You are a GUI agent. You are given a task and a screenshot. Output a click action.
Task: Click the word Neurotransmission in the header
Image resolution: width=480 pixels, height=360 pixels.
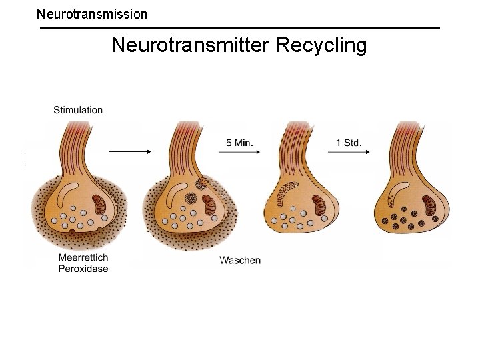tap(92, 13)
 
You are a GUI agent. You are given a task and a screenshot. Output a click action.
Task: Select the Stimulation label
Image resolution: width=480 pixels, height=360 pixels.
tap(78, 110)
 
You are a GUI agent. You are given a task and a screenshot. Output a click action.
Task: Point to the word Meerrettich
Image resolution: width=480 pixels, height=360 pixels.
tap(83, 259)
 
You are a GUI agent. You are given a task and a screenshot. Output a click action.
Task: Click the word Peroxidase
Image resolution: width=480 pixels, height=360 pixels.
tap(83, 269)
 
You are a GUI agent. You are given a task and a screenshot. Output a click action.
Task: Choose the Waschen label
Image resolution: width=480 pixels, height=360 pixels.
tap(240, 260)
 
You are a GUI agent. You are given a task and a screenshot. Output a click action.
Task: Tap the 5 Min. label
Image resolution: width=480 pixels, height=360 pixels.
tap(239, 142)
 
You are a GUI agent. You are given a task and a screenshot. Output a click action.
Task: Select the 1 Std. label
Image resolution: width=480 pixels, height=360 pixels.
tap(348, 142)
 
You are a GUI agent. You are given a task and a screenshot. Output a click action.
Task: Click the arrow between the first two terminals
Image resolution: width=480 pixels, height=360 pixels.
tap(130, 152)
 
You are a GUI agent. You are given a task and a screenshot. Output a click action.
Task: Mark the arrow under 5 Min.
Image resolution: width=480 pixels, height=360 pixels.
tap(239, 152)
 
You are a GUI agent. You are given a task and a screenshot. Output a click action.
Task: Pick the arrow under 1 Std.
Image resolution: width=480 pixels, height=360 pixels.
tap(348, 152)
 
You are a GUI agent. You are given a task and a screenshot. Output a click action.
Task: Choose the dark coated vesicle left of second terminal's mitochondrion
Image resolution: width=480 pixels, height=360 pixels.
tap(191, 199)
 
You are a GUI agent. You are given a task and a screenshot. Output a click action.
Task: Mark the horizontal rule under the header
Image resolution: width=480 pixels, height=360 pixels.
tap(240, 28)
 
